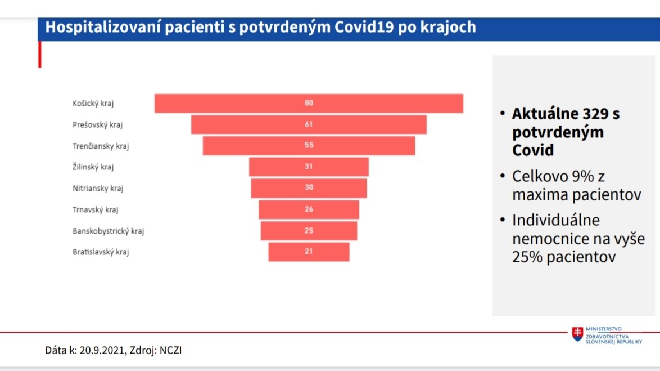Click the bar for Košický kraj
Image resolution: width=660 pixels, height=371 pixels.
[x=309, y=103]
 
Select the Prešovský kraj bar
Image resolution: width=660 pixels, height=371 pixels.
[x=309, y=125]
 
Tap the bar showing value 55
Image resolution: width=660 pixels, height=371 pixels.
[x=309, y=146]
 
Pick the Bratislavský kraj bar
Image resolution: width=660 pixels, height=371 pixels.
[x=309, y=252]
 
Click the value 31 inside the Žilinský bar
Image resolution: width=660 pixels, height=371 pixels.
[x=309, y=167]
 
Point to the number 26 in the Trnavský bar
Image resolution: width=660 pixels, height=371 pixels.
[x=309, y=209]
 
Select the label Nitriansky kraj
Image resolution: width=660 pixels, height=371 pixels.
[x=98, y=188]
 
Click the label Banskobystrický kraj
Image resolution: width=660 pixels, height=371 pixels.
[x=108, y=231]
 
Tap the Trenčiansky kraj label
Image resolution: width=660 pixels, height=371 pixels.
[x=101, y=146]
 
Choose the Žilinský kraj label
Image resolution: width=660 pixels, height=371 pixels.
[x=93, y=167]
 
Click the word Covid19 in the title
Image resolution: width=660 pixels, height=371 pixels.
[x=364, y=27]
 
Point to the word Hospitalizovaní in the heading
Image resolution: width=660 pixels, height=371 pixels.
[x=103, y=28]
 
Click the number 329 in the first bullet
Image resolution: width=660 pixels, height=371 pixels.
[x=594, y=113]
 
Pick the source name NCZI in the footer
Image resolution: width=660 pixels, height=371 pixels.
[x=170, y=350]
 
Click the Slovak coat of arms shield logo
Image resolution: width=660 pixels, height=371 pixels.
[x=577, y=333]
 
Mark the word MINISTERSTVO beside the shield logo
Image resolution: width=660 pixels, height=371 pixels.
[x=604, y=329]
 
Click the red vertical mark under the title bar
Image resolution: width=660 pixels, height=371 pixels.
[x=39, y=55]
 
